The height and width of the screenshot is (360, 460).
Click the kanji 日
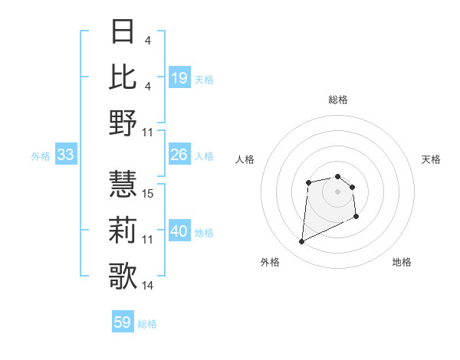click(123, 33)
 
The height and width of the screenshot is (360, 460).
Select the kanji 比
click(123, 77)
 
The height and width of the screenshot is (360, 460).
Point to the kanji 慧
click(123, 184)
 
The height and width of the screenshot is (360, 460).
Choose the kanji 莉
click(123, 229)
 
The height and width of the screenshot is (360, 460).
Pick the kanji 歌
click(123, 274)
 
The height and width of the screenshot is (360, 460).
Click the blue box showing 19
click(179, 77)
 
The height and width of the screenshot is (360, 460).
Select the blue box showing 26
click(179, 155)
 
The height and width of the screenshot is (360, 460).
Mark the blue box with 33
click(65, 155)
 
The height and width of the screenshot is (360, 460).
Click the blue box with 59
click(123, 322)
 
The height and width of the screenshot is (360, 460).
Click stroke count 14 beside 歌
click(149, 286)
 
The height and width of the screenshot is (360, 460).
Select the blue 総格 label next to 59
click(147, 324)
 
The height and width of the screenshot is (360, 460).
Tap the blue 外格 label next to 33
click(41, 156)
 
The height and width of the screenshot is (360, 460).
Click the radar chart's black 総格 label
click(337, 100)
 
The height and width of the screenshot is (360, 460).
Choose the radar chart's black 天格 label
click(432, 159)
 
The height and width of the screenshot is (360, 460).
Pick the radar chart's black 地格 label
click(402, 262)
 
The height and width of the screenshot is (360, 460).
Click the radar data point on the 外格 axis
click(301, 242)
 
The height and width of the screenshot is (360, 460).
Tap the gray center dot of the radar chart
click(337, 191)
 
